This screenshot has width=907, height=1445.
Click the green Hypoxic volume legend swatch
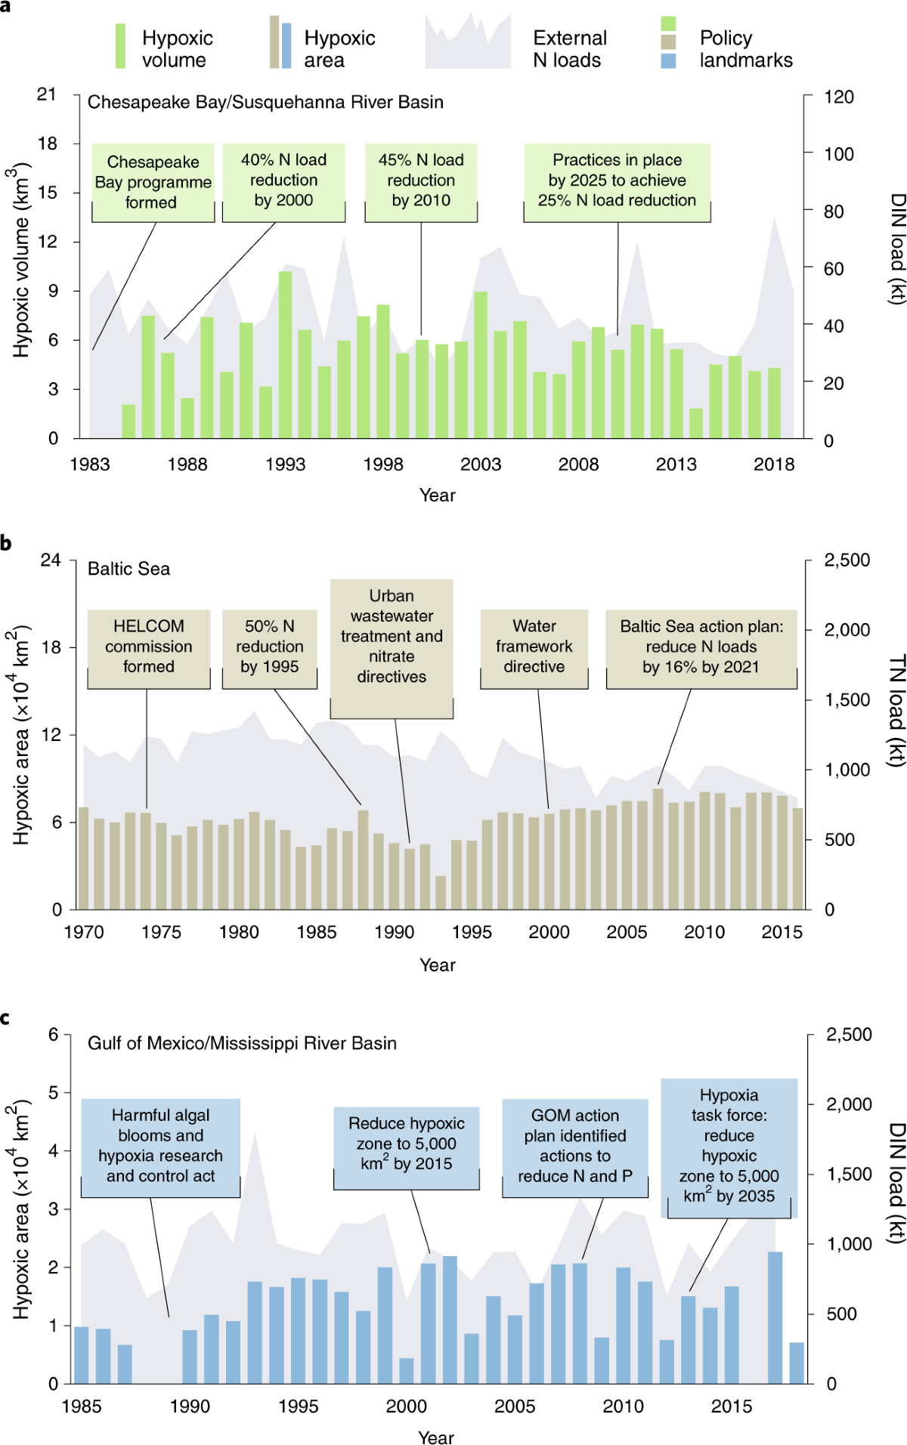click(120, 47)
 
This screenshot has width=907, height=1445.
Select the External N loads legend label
click(569, 49)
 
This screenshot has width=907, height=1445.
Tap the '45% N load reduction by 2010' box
click(421, 181)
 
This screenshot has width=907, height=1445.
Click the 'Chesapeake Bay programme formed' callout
click(153, 182)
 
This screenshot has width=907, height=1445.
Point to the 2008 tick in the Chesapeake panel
click(578, 465)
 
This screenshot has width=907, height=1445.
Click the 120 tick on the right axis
click(838, 97)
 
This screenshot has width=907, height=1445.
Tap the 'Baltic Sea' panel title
click(128, 569)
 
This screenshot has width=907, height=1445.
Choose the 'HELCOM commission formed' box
click(149, 647)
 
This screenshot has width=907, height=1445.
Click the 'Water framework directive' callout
click(534, 647)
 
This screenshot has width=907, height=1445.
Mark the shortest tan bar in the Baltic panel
click(441, 892)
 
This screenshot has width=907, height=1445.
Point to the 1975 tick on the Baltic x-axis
click(161, 932)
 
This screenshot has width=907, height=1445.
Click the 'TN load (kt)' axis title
click(896, 710)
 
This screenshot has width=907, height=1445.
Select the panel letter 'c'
click(5, 1018)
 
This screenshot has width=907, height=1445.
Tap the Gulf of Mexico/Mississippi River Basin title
click(242, 1043)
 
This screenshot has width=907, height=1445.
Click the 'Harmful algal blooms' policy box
click(160, 1146)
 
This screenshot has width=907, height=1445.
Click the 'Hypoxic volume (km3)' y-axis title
click(20, 261)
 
